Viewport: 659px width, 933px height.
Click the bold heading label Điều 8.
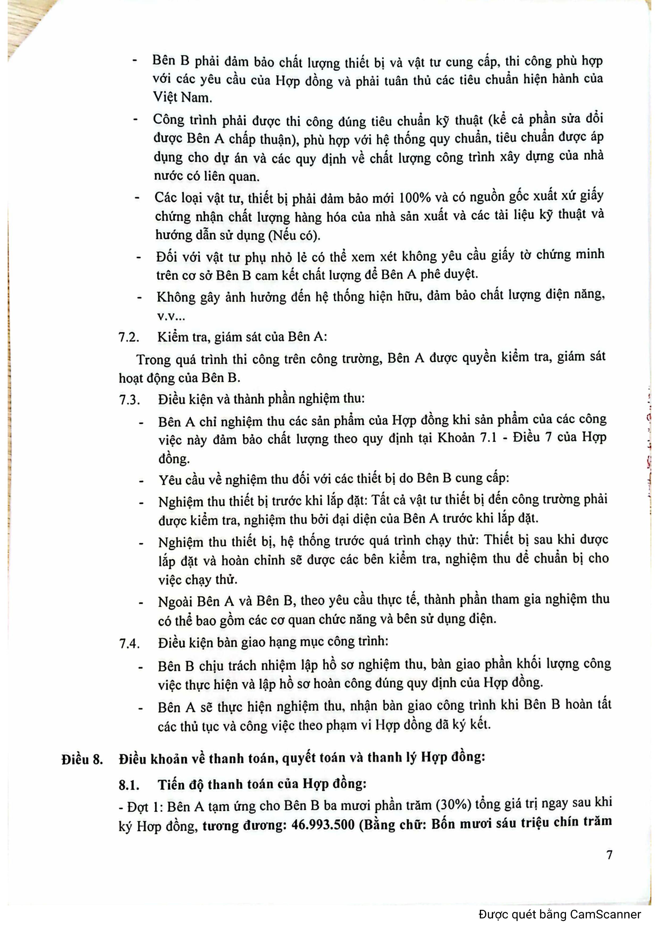(82, 759)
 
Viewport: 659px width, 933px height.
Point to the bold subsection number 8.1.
(129, 784)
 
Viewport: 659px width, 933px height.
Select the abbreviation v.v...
(171, 316)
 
